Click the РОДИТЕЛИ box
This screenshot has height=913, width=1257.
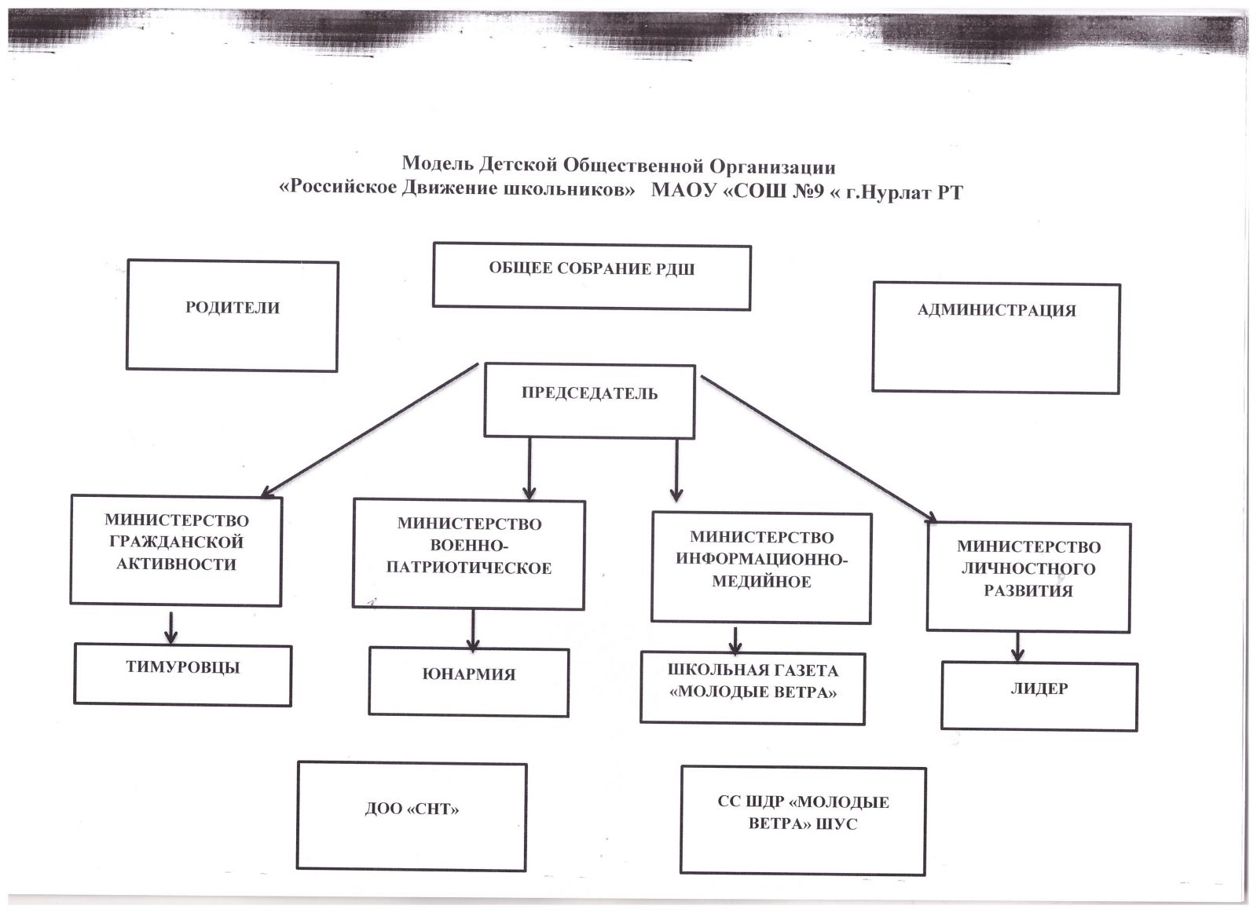click(x=233, y=316)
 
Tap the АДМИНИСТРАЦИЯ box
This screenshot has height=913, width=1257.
click(x=996, y=338)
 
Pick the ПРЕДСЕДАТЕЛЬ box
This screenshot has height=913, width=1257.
click(x=589, y=400)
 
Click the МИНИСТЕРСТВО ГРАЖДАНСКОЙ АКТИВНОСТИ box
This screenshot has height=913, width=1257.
click(x=176, y=550)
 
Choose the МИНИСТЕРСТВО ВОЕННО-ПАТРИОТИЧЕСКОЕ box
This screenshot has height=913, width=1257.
click(x=469, y=554)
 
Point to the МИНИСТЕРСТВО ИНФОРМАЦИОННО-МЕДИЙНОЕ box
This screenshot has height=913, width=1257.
click(x=761, y=568)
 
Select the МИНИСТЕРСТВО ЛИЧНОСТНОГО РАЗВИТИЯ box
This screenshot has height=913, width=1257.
click(x=1028, y=577)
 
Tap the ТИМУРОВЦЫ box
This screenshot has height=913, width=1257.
click(x=183, y=675)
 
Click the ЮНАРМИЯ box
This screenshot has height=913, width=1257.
click(x=468, y=681)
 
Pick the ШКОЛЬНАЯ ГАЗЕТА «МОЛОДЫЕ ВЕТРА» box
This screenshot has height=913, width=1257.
click(x=753, y=688)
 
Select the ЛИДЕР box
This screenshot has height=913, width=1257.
click(x=1039, y=697)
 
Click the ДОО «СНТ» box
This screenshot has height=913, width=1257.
click(x=412, y=816)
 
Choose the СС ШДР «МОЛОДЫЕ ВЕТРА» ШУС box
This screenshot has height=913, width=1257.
click(x=803, y=820)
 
